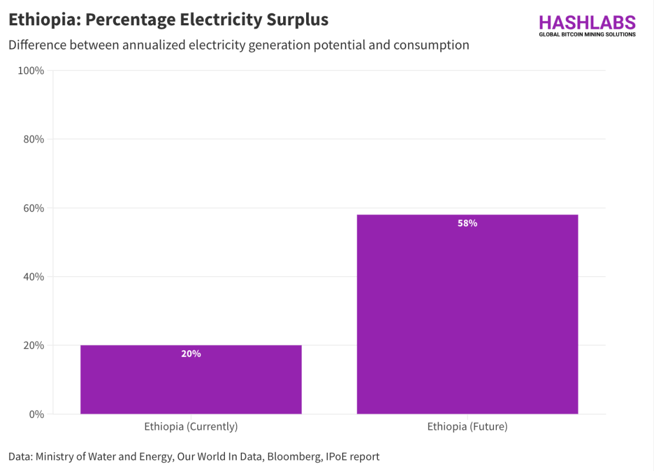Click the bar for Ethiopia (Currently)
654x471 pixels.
(x=191, y=380)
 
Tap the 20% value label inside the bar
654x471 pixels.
(x=191, y=354)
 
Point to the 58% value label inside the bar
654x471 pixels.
(x=467, y=223)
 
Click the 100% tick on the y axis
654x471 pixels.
(x=31, y=71)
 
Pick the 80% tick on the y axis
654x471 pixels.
(x=33, y=140)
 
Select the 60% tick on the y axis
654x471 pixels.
(x=33, y=208)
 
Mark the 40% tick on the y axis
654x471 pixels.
(x=33, y=277)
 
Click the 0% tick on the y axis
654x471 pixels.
(x=36, y=414)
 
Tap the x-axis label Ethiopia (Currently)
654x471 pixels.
(x=191, y=427)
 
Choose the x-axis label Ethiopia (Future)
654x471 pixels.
(x=467, y=427)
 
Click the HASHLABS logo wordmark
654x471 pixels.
(x=587, y=22)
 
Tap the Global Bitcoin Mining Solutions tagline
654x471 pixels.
(x=587, y=35)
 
